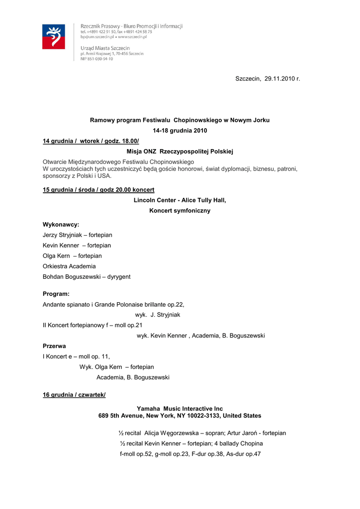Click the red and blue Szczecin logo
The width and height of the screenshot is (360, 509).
pyautogui.click(x=54, y=36)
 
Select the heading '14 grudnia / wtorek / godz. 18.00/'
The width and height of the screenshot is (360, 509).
pyautogui.click(x=91, y=142)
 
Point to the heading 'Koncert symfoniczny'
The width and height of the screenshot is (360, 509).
pyautogui.click(x=180, y=211)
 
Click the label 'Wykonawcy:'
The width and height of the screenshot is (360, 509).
pyautogui.click(x=61, y=225)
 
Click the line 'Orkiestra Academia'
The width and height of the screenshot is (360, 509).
pyautogui.click(x=69, y=266)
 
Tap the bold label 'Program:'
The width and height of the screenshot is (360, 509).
pyautogui.click(x=56, y=294)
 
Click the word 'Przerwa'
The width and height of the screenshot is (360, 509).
pyautogui.click(x=54, y=346)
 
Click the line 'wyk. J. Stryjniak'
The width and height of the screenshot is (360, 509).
pyautogui.click(x=158, y=315)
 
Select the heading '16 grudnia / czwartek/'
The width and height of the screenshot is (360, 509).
pyautogui.click(x=74, y=395)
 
